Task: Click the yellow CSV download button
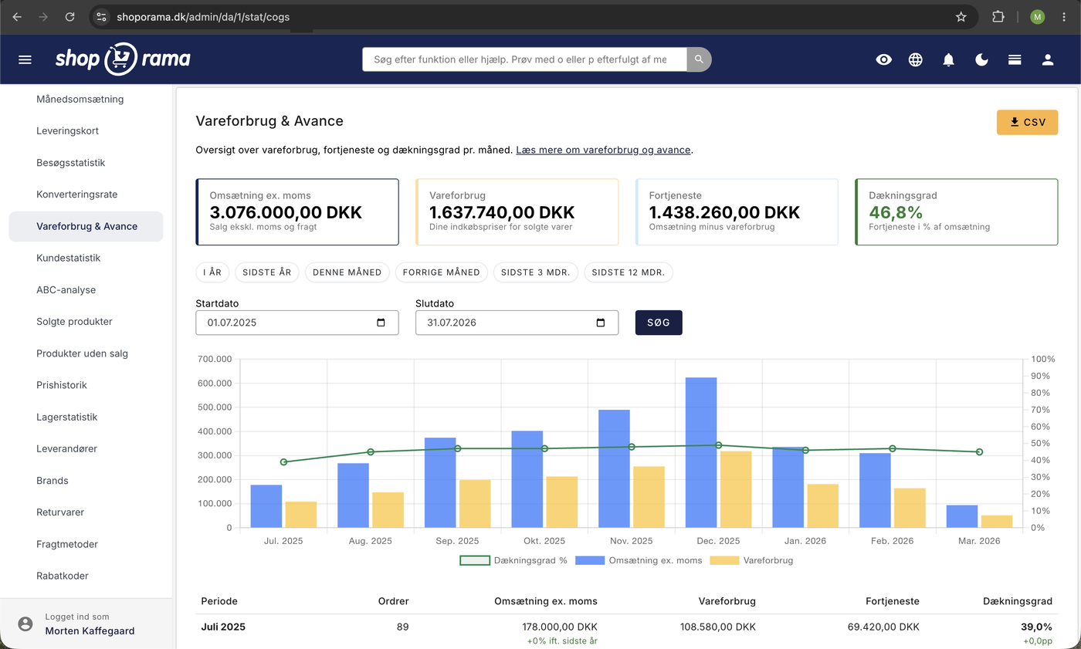point(1027,122)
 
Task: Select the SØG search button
point(658,323)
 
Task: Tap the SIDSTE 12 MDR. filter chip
point(628,272)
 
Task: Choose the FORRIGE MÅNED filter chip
point(441,272)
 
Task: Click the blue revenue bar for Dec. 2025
point(701,452)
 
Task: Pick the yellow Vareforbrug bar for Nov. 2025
point(649,497)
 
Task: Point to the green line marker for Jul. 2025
point(284,462)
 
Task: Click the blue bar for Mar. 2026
point(962,516)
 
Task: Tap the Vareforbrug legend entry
point(751,560)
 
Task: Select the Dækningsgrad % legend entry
point(513,560)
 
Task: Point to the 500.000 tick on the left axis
point(215,407)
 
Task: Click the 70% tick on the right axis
point(1040,409)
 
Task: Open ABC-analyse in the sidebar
point(66,290)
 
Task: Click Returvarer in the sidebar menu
point(60,512)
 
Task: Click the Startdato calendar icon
point(381,323)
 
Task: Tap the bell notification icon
point(948,59)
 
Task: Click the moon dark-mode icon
point(981,59)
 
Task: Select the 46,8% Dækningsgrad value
point(896,212)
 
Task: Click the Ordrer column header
point(393,601)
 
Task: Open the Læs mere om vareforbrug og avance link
point(603,150)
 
